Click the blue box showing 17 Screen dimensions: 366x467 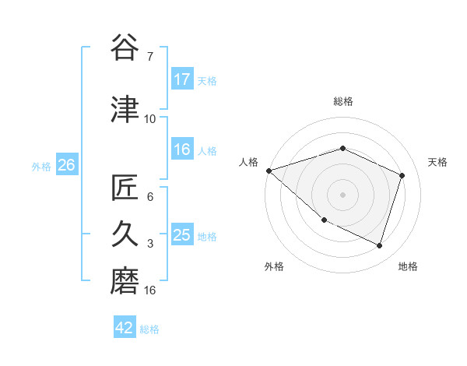182,79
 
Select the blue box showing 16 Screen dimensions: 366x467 182,150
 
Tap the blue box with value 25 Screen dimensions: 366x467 182,235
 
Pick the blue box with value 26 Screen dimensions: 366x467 66,165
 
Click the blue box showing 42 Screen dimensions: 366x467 125,328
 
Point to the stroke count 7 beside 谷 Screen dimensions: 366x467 150,57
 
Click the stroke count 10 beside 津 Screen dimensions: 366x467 150,118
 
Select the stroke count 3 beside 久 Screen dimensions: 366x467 150,243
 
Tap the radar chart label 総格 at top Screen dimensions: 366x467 343,101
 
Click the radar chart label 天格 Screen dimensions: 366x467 438,162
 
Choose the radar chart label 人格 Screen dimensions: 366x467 249,162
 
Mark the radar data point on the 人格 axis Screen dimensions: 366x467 269,171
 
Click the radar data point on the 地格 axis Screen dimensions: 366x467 380,246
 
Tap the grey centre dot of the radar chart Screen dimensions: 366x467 343,195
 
